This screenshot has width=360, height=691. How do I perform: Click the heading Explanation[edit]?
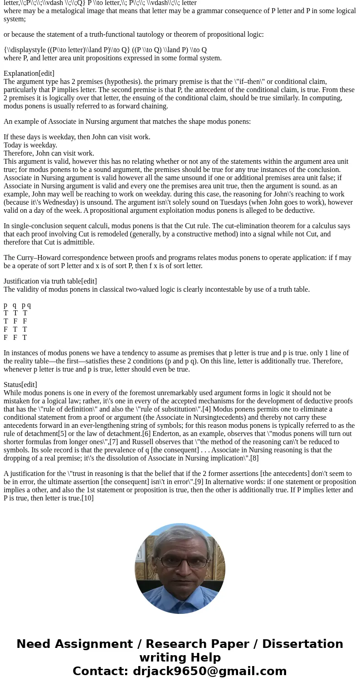click(x=29, y=74)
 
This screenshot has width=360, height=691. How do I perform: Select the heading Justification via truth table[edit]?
click(x=50, y=281)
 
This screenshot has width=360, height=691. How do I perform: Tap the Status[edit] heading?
click(x=20, y=385)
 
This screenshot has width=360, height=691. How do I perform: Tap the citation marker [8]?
click(x=254, y=458)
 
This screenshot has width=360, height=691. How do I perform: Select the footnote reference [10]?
click(x=88, y=498)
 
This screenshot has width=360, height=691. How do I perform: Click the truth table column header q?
click(x=15, y=305)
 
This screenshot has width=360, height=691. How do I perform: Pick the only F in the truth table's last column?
click(x=25, y=321)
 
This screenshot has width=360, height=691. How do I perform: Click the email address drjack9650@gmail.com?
click(x=209, y=671)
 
